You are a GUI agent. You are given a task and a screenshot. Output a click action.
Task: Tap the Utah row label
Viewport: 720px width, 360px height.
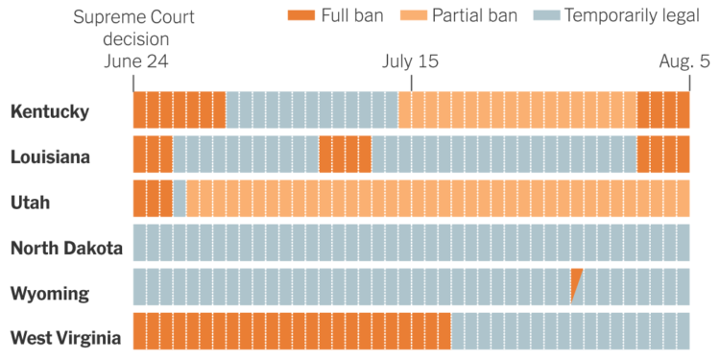30,202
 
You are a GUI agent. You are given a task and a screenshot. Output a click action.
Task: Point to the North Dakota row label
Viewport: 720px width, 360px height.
66,248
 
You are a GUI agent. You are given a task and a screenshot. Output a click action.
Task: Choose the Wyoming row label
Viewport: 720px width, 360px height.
50,293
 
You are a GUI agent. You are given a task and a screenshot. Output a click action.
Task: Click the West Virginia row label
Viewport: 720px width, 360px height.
65,337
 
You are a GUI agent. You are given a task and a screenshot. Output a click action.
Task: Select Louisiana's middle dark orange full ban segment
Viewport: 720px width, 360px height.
345,155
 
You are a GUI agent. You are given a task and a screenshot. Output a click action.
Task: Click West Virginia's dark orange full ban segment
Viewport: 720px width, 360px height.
291,331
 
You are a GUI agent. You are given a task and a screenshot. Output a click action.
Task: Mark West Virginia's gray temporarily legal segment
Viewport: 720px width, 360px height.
570,331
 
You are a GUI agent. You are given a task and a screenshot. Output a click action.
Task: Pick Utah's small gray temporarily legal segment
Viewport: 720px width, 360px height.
180,199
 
